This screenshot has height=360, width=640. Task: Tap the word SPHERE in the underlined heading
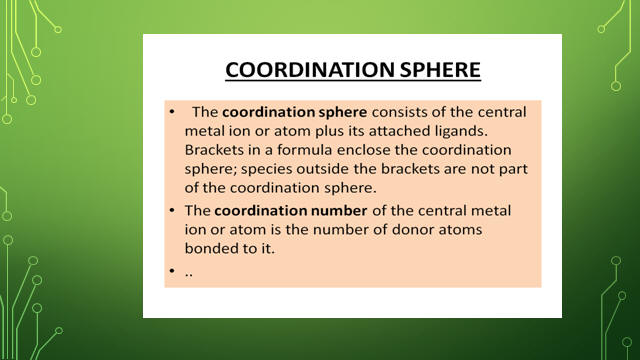[x=440, y=69]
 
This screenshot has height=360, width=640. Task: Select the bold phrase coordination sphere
[x=294, y=112]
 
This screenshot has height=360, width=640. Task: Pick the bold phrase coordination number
[x=291, y=211]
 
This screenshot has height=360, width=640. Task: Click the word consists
[x=397, y=112]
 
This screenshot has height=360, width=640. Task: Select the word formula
[x=305, y=150]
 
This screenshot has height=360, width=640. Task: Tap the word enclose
[x=364, y=150]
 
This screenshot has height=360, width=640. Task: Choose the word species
[x=266, y=169]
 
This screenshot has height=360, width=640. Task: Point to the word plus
[x=328, y=132]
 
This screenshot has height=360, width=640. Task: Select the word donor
[x=413, y=229]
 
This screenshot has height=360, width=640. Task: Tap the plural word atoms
[x=460, y=229]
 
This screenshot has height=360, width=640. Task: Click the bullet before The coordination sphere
[x=172, y=111]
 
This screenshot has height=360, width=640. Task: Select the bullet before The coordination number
[x=172, y=210]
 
